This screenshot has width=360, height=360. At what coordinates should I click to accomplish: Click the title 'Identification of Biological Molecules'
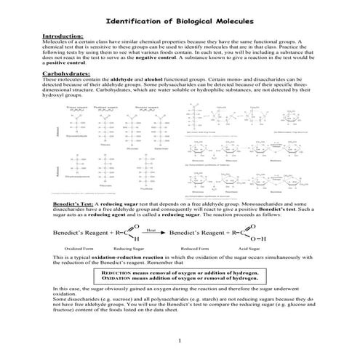click(179, 21)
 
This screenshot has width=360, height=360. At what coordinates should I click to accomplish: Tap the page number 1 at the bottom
click(179, 342)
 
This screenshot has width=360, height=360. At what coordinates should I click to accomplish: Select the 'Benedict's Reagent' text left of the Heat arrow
click(79, 233)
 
